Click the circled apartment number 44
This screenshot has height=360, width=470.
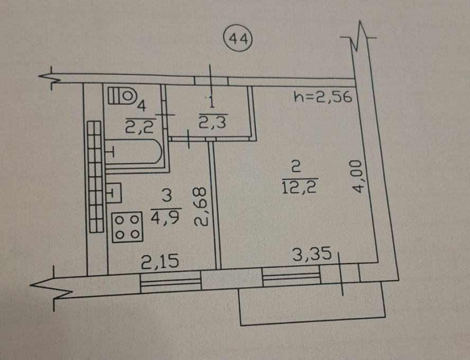point(239,38)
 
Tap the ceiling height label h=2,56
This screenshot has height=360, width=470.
point(322,96)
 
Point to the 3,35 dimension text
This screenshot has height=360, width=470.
point(312,254)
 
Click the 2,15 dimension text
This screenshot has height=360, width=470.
point(160,261)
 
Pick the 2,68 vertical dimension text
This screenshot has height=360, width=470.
point(200,206)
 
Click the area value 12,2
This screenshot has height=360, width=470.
point(300,187)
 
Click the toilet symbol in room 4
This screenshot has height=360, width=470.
point(122,96)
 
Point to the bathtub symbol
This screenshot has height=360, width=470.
point(134,151)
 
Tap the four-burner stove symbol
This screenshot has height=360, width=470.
point(127,227)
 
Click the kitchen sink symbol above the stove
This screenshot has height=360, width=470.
point(114,193)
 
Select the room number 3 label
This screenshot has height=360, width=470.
point(167,196)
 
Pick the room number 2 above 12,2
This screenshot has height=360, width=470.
point(296,167)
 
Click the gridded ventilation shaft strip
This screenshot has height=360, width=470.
point(95,176)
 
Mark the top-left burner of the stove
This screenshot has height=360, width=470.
point(119,220)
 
